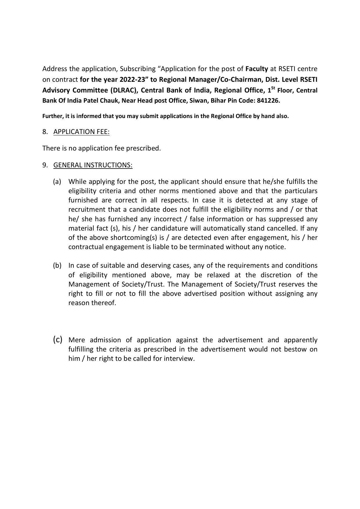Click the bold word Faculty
pos(256,69)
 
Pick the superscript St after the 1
pos(273,88)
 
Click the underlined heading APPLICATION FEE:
pos(82,132)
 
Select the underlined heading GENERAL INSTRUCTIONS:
pos(93,165)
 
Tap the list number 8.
pos(45,132)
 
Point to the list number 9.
pos(45,165)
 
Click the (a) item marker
pos(57,182)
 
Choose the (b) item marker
pos(57,265)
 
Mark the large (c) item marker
pos(57,339)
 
